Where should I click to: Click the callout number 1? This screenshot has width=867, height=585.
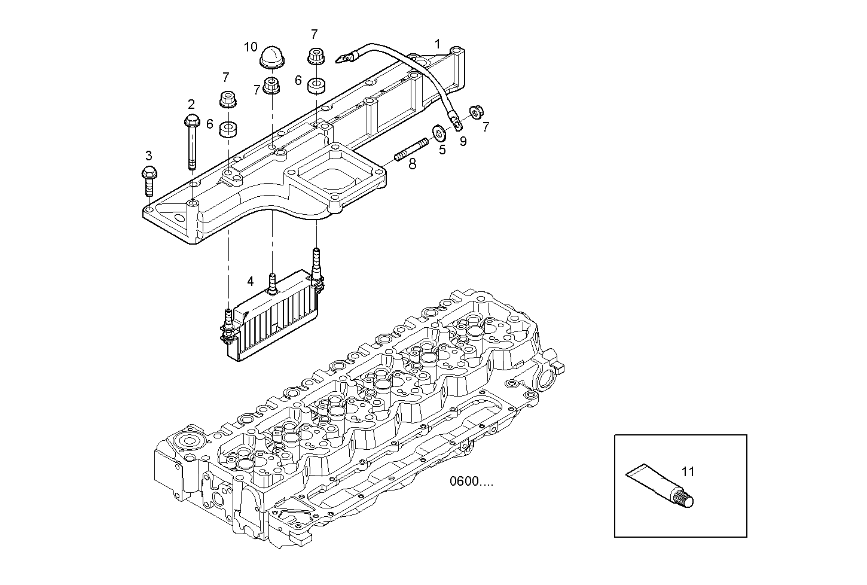pyautogui.click(x=438, y=44)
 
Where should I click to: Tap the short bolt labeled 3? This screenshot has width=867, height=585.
pyautogui.click(x=149, y=181)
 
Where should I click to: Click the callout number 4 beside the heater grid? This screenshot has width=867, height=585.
pyautogui.click(x=251, y=281)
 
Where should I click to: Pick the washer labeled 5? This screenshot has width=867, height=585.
pyautogui.click(x=438, y=131)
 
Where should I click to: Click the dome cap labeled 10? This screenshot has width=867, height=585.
pyautogui.click(x=273, y=59)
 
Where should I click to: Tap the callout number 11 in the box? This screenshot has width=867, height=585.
pyautogui.click(x=688, y=471)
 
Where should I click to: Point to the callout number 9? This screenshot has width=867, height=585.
pyautogui.click(x=463, y=142)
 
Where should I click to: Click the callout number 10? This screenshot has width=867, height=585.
pyautogui.click(x=251, y=47)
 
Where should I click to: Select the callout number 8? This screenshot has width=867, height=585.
pyautogui.click(x=412, y=164)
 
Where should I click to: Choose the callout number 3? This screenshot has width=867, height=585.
pyautogui.click(x=148, y=156)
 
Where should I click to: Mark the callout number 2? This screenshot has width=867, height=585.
pyautogui.click(x=191, y=104)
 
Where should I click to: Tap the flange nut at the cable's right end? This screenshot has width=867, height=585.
pyautogui.click(x=477, y=111)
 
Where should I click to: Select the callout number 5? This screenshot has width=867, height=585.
pyautogui.click(x=442, y=150)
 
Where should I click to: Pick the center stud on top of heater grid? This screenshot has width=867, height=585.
pyautogui.click(x=272, y=282)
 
